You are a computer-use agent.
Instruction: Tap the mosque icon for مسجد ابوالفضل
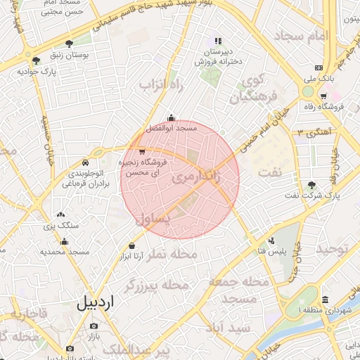point(171,118)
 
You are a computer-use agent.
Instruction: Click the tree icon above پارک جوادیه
point(36,60)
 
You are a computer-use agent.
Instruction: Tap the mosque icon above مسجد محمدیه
point(65,242)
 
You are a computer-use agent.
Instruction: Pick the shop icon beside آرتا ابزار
point(132,246)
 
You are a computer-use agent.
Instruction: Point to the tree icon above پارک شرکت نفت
point(312,184)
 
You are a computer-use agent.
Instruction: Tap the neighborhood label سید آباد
point(228,328)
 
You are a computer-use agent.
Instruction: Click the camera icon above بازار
point(94,326)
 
